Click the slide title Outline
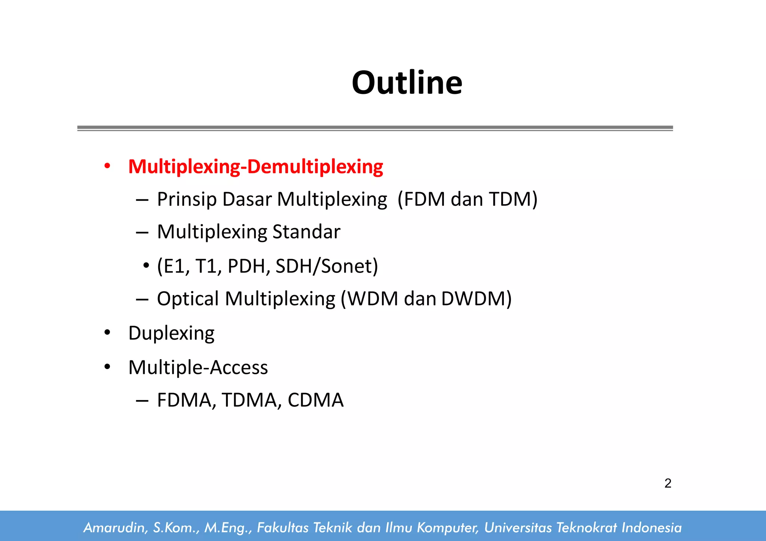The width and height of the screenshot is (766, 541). (407, 83)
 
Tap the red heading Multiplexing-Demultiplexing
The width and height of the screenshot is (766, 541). (255, 166)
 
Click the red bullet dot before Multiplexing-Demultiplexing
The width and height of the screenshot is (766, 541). (107, 166)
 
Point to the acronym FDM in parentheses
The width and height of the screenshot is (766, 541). (425, 199)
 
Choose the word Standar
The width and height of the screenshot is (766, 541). (306, 232)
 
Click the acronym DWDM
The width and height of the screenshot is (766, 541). (473, 299)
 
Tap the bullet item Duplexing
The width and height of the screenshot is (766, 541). (171, 333)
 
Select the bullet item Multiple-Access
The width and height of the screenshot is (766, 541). (198, 367)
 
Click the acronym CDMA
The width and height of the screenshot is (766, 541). (315, 400)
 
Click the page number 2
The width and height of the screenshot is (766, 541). (668, 483)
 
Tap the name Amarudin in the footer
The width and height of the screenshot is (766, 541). (114, 528)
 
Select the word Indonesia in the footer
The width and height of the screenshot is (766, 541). (652, 528)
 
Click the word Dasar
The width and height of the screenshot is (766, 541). (247, 199)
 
